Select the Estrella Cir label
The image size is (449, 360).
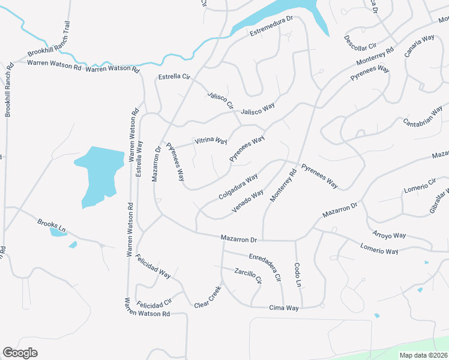point(174,77)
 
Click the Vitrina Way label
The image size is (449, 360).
point(211,141)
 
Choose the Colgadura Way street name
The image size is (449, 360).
point(238,186)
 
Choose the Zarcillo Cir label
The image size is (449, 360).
point(249,276)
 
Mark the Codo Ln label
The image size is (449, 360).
point(297,274)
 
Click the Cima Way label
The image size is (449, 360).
point(284,308)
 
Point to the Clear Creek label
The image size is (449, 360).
point(208,297)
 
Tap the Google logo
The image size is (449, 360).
point(20,352)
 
